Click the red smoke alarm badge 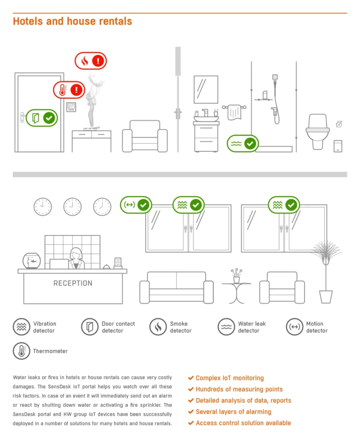(x=91, y=61)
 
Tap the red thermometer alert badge (x=69, y=90)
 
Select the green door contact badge (x=42, y=118)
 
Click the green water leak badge (x=243, y=144)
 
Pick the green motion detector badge (x=136, y=205)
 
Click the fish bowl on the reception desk (x=31, y=261)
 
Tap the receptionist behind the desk (x=76, y=259)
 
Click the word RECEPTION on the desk (x=73, y=283)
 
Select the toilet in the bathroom (x=318, y=132)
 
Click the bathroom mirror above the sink (x=206, y=89)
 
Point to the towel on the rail (x=234, y=112)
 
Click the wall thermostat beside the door (x=71, y=107)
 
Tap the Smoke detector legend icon (x=158, y=327)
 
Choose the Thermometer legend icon (x=21, y=351)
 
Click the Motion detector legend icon (x=294, y=327)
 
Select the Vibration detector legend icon (x=21, y=327)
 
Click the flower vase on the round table (x=237, y=276)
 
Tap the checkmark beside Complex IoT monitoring (x=191, y=378)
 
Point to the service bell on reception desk (x=106, y=267)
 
